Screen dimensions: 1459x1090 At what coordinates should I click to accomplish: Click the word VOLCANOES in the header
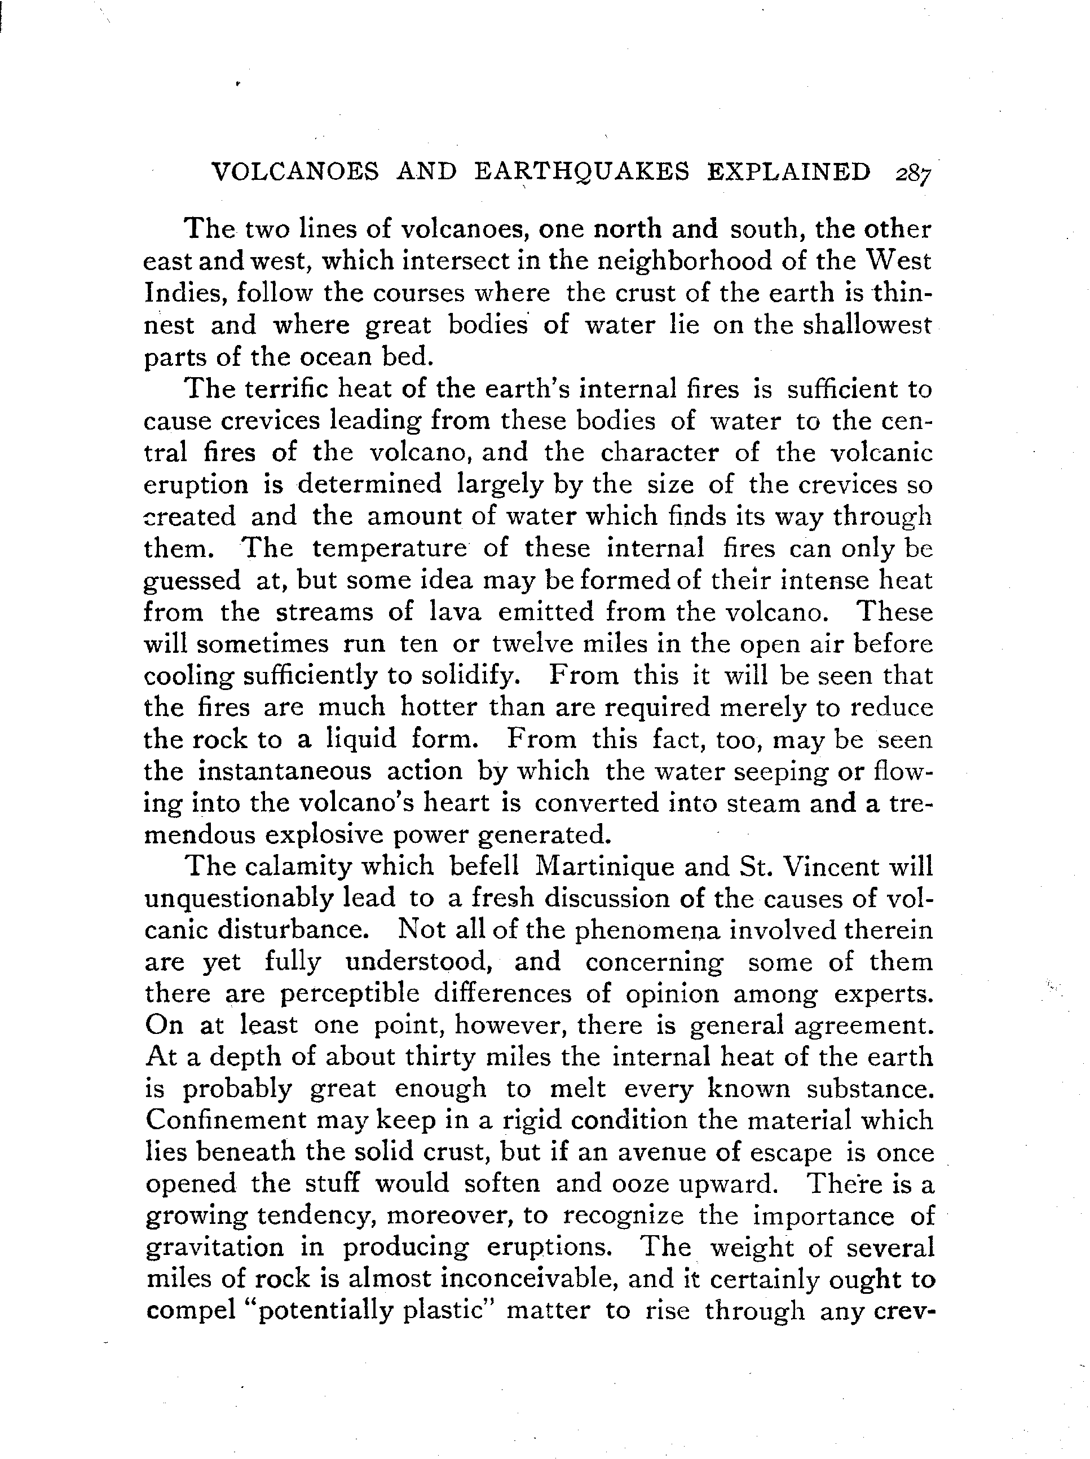pos(295,172)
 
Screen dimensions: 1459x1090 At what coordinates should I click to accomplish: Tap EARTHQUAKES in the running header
pos(582,172)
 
